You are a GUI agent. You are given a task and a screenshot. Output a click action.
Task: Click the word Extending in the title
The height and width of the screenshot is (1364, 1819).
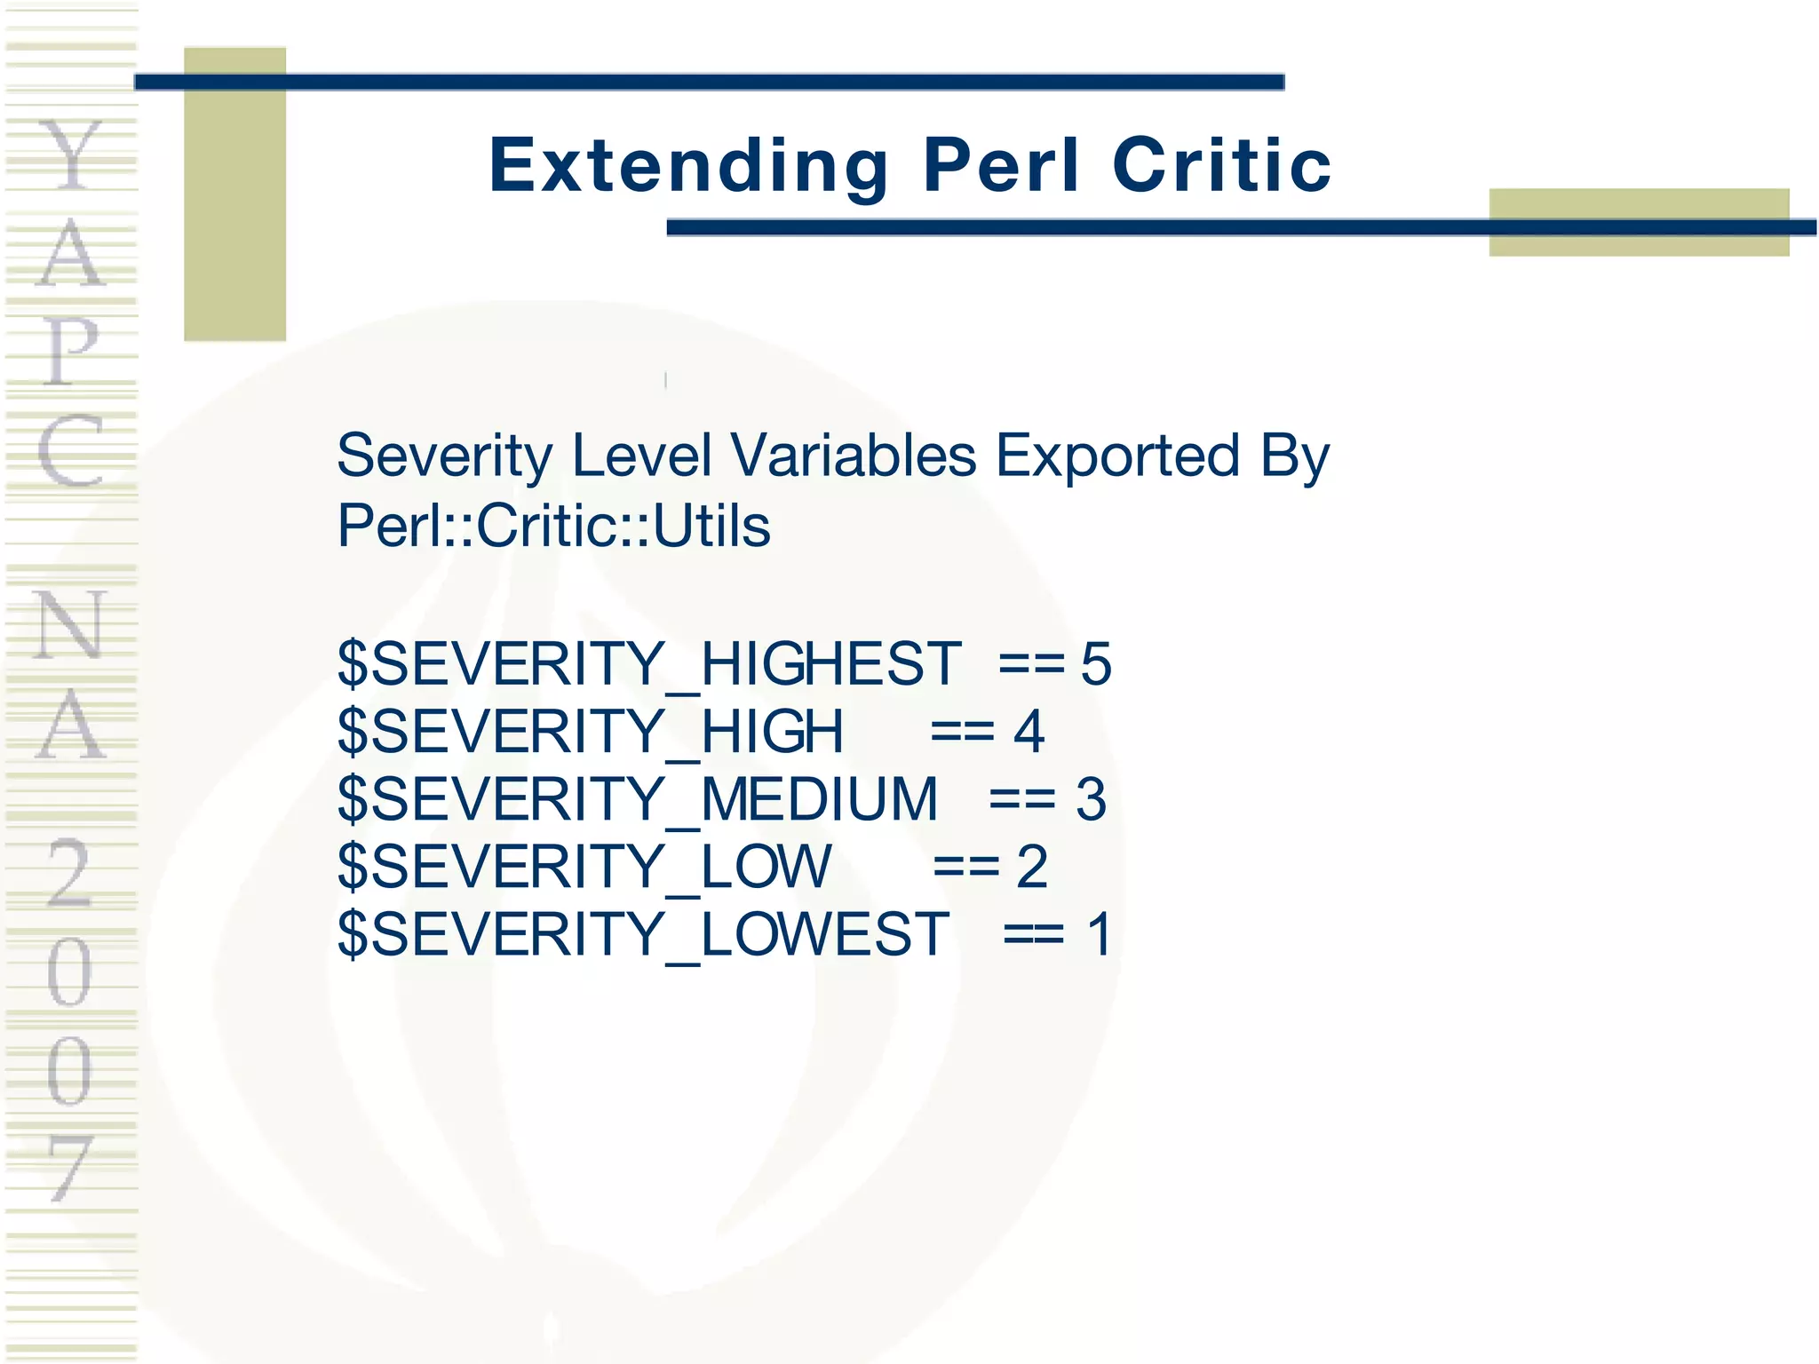coord(688,165)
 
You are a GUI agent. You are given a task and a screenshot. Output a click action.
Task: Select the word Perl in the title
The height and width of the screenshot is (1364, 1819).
coord(1001,165)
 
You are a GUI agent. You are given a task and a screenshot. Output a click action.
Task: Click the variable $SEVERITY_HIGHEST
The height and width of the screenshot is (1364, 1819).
coord(648,664)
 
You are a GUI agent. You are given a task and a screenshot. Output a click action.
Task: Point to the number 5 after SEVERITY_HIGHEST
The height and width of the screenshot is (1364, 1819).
coord(1096,664)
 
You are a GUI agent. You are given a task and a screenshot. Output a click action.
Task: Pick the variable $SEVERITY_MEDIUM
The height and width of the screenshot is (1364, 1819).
coord(637,799)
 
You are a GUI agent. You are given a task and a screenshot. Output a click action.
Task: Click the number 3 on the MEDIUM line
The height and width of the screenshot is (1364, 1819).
coord(1091,799)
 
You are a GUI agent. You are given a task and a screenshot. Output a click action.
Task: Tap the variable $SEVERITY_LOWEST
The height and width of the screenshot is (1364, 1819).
coord(643,934)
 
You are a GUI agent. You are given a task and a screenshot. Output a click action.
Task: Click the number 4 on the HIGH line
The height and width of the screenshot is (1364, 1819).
coord(1029,732)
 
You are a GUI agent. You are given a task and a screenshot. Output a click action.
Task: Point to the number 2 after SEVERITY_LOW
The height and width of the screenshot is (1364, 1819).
coord(1032,867)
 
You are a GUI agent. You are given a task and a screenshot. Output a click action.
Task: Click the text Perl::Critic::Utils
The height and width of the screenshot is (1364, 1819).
coord(553,526)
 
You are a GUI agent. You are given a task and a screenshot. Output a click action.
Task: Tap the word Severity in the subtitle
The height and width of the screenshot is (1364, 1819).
coord(444,456)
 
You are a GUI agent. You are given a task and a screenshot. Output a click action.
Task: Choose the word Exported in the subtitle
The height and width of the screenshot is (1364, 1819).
coord(1116,456)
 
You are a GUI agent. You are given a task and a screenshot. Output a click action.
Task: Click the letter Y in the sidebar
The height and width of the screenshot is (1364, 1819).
coord(71,155)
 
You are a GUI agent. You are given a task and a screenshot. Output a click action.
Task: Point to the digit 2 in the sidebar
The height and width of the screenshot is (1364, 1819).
coord(69,874)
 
